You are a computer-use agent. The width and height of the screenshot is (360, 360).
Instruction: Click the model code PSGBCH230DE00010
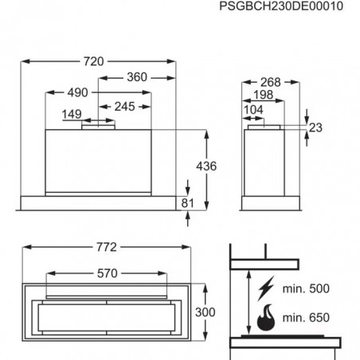point(281,6)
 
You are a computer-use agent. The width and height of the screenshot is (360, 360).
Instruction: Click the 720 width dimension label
point(94,61)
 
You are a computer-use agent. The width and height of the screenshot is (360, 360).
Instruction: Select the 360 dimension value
point(137,77)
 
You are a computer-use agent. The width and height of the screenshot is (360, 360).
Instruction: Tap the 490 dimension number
point(77,92)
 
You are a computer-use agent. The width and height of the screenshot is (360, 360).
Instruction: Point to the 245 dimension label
point(125,107)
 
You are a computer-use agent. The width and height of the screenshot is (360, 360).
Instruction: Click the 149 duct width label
point(72,114)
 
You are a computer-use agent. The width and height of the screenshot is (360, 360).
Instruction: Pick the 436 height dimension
point(206,166)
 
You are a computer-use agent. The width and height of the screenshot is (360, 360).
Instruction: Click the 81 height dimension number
point(188,203)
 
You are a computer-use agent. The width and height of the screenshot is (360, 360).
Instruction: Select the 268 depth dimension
point(271,82)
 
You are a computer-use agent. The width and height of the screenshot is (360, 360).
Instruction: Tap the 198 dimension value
point(264,95)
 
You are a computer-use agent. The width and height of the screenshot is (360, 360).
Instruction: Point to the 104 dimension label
point(253,109)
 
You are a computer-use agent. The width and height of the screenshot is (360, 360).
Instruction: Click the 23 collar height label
point(315,127)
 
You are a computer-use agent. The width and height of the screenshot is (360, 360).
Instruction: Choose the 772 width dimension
point(107,247)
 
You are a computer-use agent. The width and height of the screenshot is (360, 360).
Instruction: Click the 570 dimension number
point(108,273)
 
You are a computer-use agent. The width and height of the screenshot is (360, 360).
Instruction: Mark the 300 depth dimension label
point(205,312)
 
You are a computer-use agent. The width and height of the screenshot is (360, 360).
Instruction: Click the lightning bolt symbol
point(266,288)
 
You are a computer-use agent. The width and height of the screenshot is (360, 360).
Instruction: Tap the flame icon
point(266,317)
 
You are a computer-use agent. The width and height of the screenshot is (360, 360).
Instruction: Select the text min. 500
point(306,288)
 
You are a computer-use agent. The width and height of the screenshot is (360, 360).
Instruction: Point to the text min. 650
point(306,317)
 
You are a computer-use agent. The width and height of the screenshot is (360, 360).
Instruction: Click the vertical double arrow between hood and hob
point(248,303)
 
